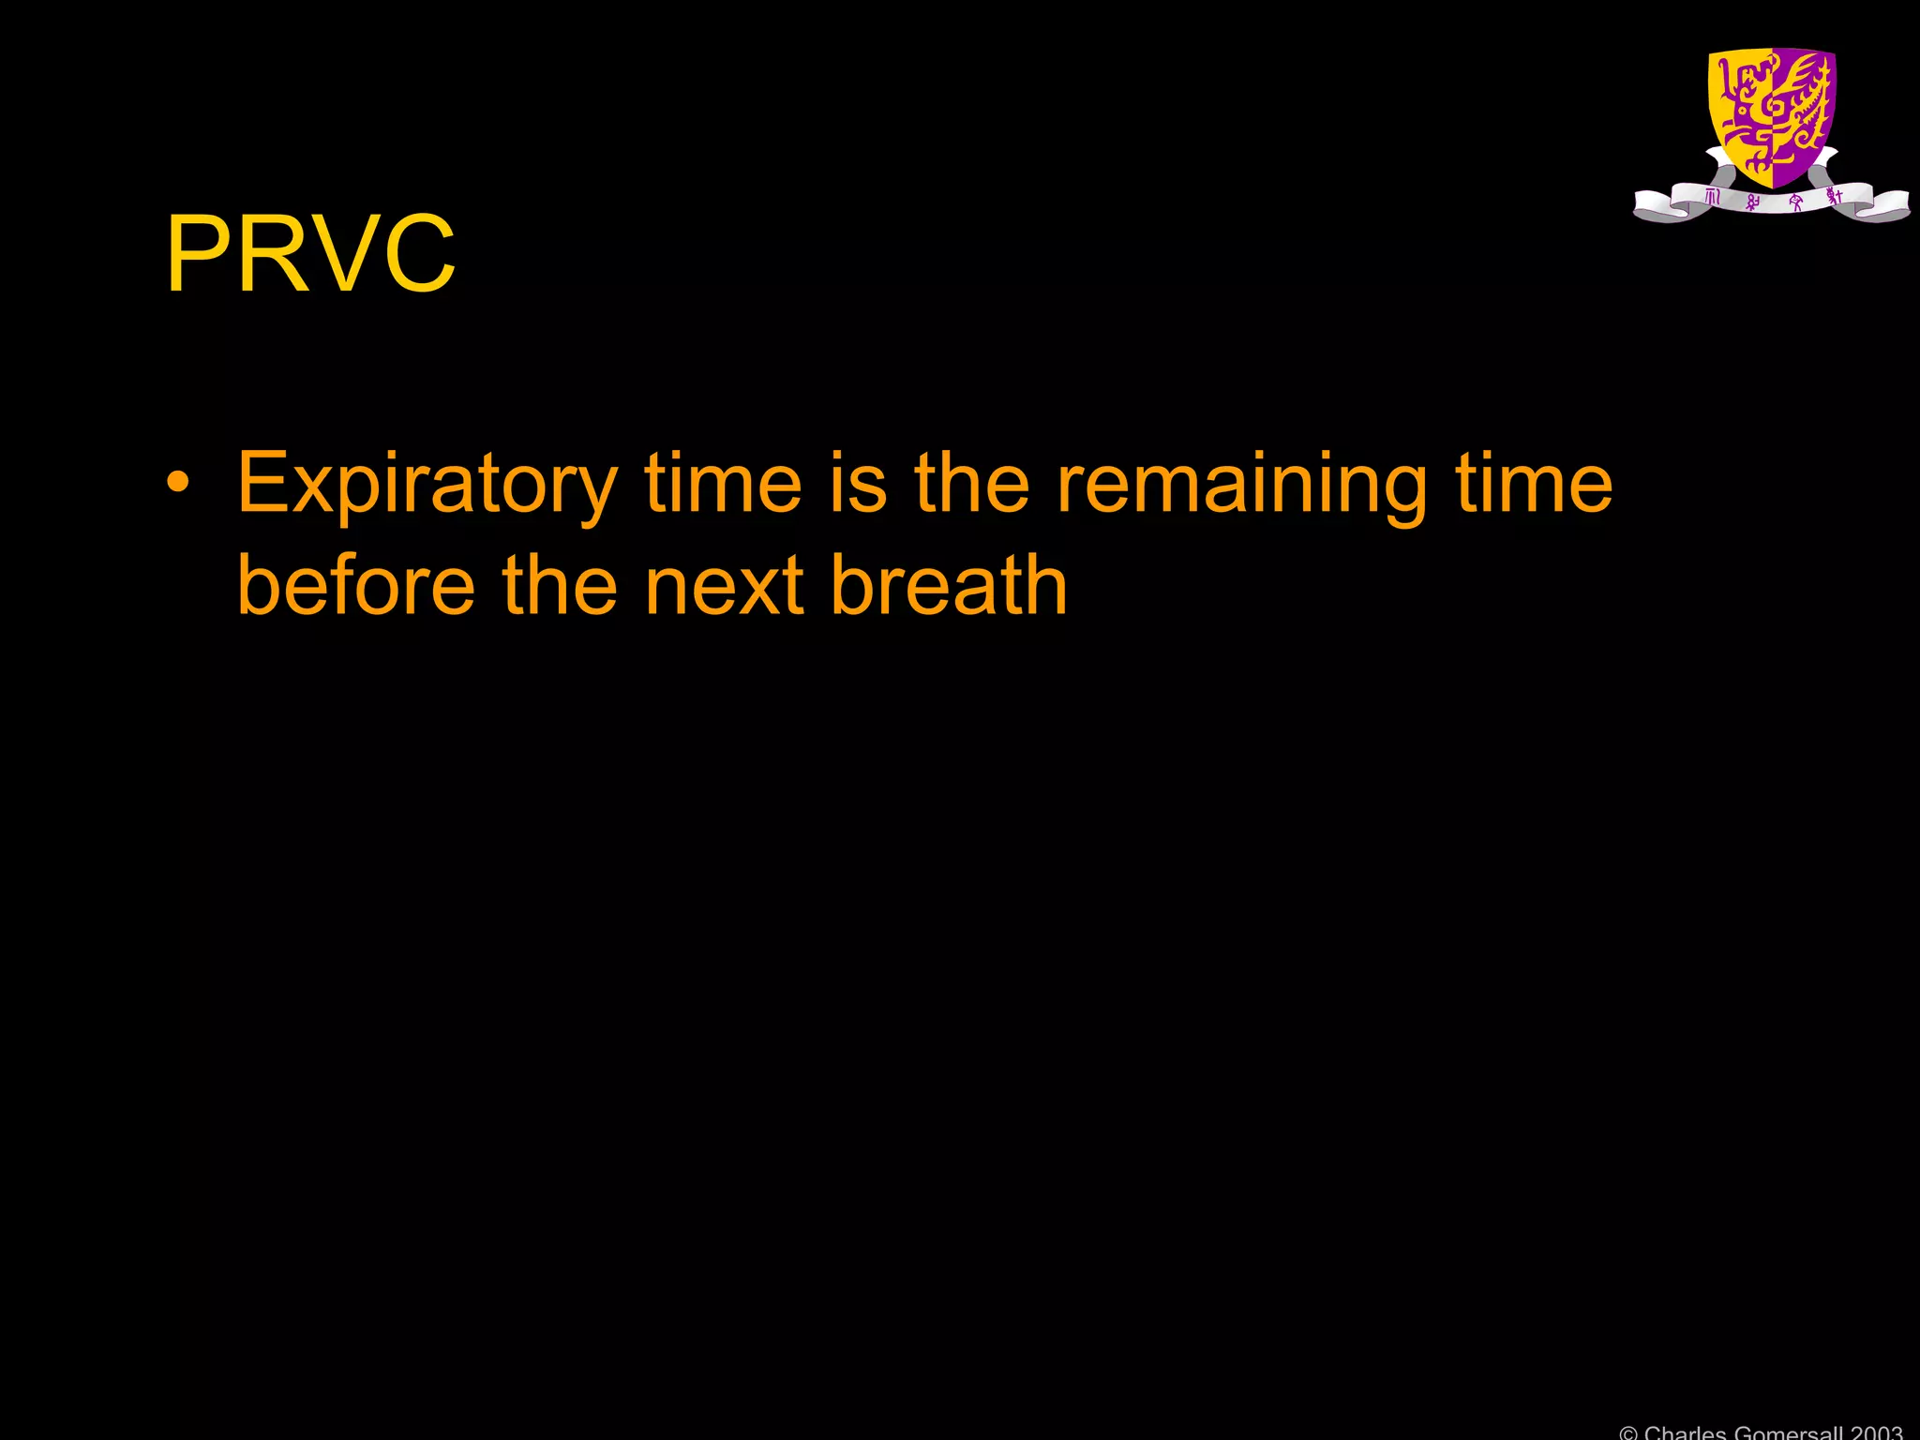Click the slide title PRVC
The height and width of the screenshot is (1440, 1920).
(310, 254)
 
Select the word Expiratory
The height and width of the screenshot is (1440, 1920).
(427, 484)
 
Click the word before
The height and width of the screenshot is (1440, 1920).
(356, 585)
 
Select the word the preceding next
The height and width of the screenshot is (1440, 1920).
(560, 585)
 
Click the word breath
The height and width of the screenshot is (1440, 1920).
(949, 585)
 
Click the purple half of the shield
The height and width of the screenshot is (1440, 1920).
(1803, 112)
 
